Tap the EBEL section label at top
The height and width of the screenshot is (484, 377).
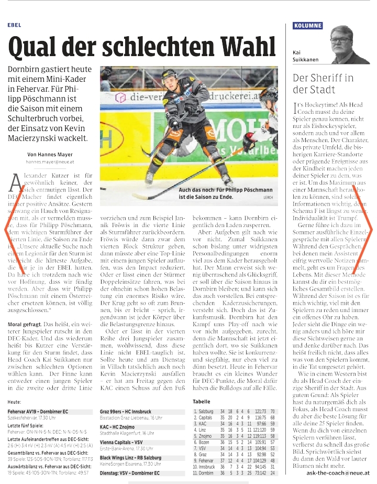(x=15, y=25)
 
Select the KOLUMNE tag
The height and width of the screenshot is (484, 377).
(x=308, y=25)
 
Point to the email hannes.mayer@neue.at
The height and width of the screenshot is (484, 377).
(x=52, y=163)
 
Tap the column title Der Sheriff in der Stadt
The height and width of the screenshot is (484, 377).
(x=324, y=83)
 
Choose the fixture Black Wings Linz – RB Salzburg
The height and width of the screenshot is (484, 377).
(x=134, y=457)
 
